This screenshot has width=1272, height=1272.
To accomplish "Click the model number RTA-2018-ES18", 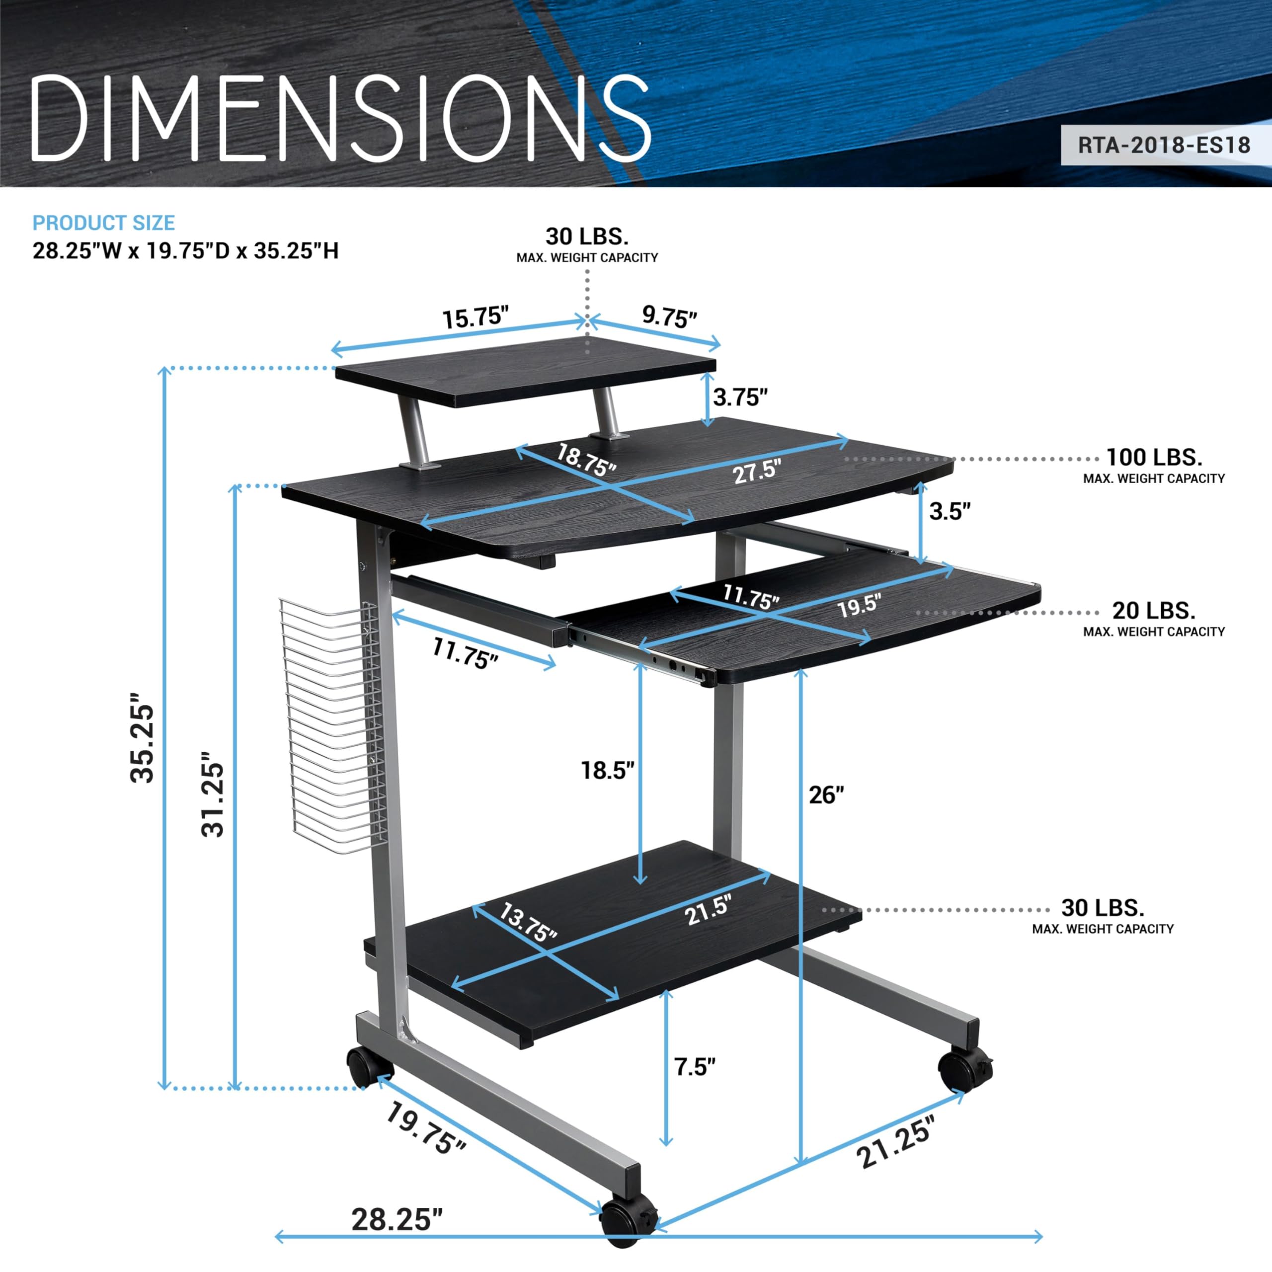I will point(1163,146).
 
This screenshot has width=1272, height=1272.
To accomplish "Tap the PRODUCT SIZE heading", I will point(103,223).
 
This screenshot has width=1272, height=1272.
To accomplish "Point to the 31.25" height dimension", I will point(213,800).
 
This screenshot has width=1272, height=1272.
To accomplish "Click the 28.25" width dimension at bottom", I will point(397,1219).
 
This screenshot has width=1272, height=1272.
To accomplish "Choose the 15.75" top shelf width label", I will point(476,318).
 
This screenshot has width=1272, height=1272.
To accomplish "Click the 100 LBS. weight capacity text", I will point(1153,457).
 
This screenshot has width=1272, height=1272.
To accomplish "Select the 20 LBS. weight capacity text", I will point(1153,610).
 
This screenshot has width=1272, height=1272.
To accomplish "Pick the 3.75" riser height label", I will point(740,397).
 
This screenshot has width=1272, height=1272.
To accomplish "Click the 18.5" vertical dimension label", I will point(607,770).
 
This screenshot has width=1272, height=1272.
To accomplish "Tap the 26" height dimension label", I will point(826,795).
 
